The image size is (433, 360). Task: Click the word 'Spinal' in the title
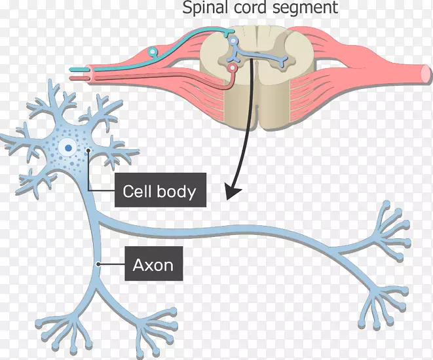coord(200,9)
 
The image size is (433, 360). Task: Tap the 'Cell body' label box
coord(159,191)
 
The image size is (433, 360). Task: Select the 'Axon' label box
coord(153,264)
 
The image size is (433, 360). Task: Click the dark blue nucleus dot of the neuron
coord(67,148)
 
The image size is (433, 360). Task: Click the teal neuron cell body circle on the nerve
coord(153,51)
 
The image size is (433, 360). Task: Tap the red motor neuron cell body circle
coord(231,67)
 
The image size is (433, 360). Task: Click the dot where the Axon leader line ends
coord(98,264)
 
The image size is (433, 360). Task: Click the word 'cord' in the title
coord(257,9)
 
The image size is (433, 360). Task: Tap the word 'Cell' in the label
coord(136,191)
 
